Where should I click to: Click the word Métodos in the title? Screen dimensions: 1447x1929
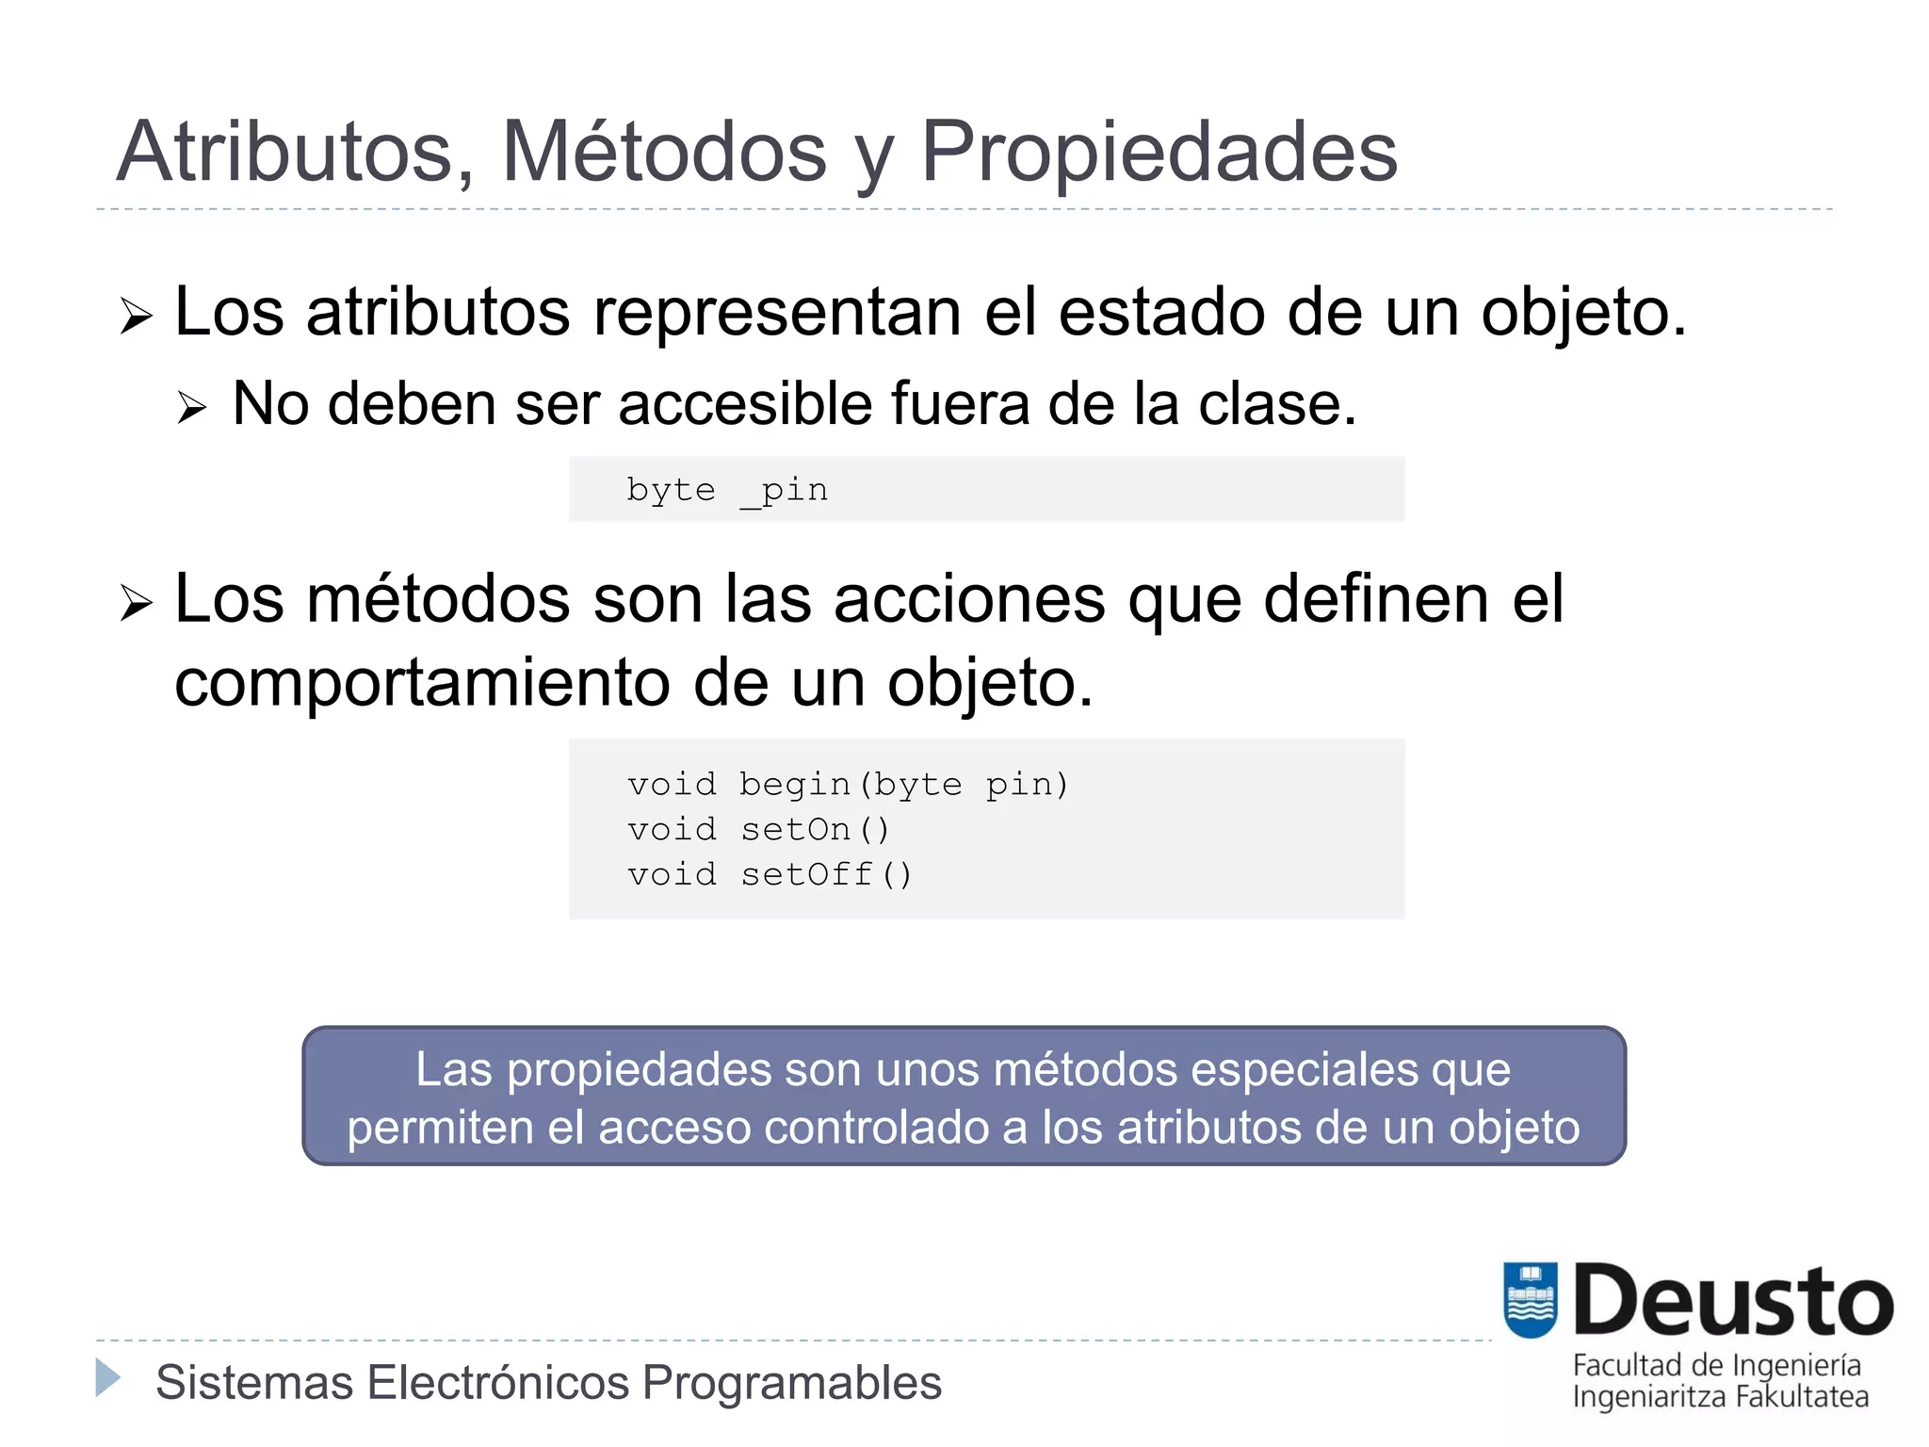(663, 152)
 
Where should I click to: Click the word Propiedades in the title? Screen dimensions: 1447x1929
(1159, 152)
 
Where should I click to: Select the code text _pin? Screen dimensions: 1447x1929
(785, 491)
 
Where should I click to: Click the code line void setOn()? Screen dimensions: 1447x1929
(758, 830)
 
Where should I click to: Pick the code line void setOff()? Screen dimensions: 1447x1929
(770, 875)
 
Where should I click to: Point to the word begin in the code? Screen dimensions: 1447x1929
(795, 785)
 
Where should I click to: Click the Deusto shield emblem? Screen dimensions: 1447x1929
(1531, 1300)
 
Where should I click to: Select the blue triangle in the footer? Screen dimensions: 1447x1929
(108, 1378)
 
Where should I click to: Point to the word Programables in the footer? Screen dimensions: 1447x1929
(791, 1383)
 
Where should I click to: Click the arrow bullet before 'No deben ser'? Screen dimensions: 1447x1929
(191, 408)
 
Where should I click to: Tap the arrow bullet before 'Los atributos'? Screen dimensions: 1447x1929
(136, 317)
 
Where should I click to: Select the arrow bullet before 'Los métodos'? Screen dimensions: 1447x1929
(136, 603)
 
